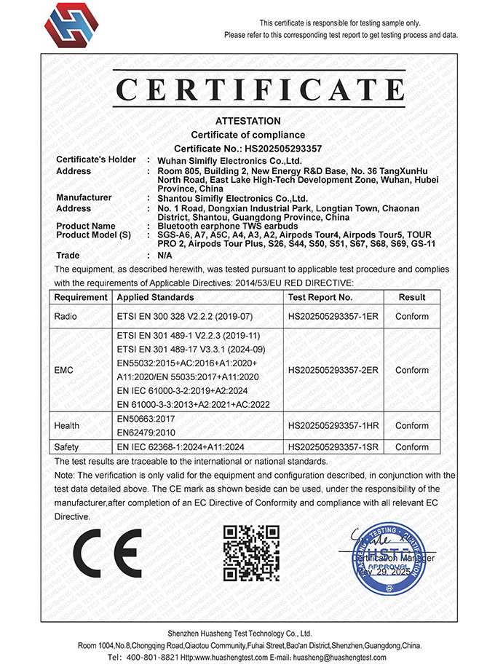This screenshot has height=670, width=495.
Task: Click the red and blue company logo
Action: (70, 25)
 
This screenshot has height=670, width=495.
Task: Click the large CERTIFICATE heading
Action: (260, 91)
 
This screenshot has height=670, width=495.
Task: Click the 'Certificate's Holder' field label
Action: (96, 159)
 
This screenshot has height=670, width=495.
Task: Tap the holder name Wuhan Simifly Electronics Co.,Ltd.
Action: (230, 159)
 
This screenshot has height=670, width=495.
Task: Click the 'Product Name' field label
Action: (86, 226)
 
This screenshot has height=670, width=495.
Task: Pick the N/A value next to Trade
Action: (165, 256)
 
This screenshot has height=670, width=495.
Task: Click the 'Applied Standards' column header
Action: (156, 298)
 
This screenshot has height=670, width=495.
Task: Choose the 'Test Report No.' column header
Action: (320, 298)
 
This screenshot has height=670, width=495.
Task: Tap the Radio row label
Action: (67, 317)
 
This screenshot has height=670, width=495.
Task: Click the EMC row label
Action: (65, 370)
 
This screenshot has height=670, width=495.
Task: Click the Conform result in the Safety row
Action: (412, 447)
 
